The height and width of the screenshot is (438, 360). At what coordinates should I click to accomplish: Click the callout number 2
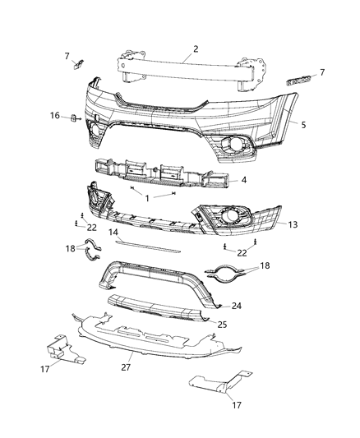coord(195,49)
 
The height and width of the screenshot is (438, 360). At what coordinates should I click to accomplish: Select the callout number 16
coord(55,116)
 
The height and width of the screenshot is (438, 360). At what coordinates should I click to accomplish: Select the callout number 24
coord(237,305)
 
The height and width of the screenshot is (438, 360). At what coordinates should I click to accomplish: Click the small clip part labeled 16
coord(72,117)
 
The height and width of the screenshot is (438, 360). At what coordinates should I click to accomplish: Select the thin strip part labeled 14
coord(148,246)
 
